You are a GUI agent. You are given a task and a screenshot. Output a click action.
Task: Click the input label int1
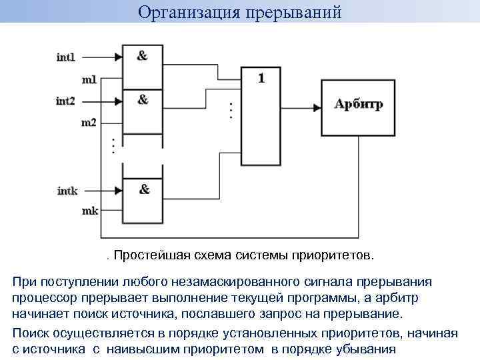coord(66,57)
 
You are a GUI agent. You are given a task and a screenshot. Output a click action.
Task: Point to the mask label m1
coord(89,80)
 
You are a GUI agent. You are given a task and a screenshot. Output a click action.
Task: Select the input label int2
coord(66,101)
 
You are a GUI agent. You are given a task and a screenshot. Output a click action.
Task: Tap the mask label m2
coord(89,123)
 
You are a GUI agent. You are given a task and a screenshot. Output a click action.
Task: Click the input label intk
coord(67,191)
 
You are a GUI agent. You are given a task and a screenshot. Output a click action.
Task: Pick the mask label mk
coord(89,211)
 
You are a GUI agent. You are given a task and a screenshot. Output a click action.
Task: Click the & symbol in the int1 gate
coord(142,56)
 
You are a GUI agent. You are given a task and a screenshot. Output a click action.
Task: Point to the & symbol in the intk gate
coord(144,189)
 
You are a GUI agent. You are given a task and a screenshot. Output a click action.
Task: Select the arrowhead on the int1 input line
coord(119,57)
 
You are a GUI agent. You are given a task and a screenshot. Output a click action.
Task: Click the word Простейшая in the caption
coord(153,255)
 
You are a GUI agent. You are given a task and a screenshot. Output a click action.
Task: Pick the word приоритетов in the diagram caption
coord(337,255)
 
